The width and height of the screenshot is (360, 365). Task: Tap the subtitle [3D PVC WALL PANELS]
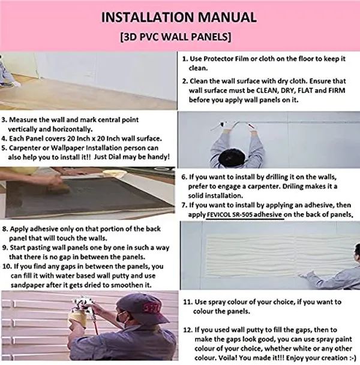[176, 37]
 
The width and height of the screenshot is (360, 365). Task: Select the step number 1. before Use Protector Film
[185, 59]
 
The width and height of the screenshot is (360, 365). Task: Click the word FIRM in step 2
[337, 91]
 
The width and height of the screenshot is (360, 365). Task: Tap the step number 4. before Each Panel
[4, 138]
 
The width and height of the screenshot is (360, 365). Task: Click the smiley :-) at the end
[353, 358]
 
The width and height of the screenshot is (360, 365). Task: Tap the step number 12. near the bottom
[188, 330]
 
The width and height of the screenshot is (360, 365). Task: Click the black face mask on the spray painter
[122, 318]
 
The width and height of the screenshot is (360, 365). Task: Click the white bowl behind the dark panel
[115, 173]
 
